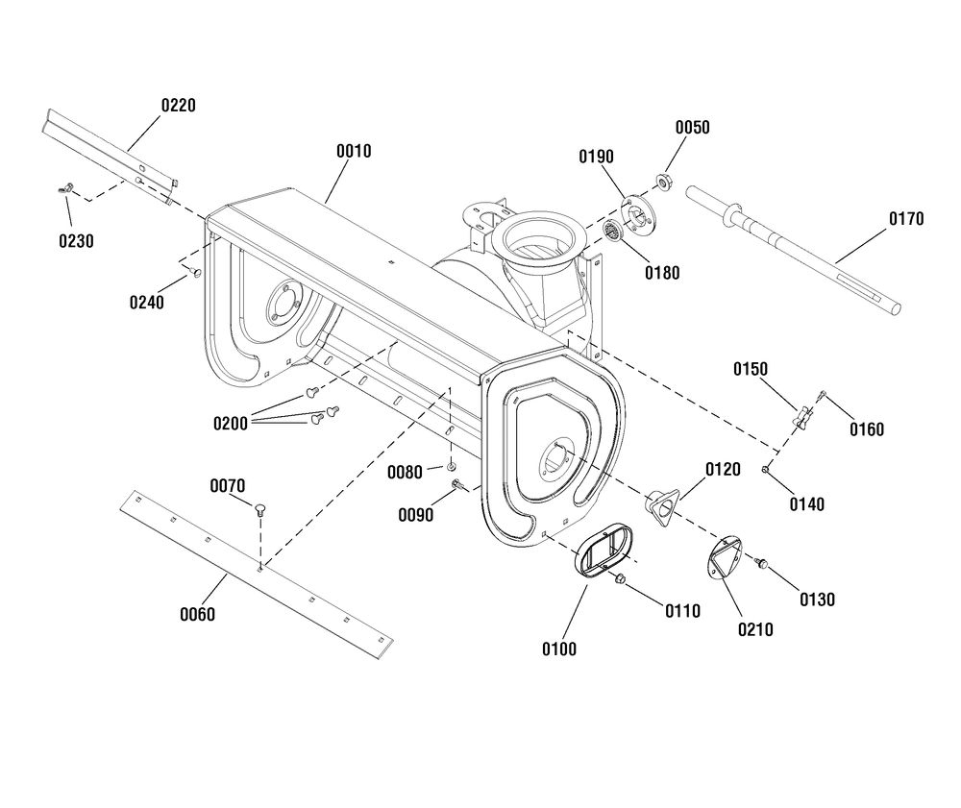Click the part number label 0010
click(354, 151)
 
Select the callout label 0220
click(179, 106)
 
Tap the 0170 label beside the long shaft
click(906, 219)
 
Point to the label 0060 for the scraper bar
click(197, 614)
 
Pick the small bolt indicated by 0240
click(195, 271)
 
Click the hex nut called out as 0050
click(662, 182)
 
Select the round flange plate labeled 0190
click(638, 214)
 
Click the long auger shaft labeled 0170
click(794, 250)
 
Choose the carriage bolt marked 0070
click(259, 509)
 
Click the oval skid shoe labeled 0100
click(601, 550)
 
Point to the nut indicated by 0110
click(620, 577)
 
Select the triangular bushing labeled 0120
click(662, 504)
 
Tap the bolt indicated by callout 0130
click(761, 562)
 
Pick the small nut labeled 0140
click(766, 469)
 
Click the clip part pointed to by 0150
click(802, 417)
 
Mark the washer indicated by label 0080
click(452, 467)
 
